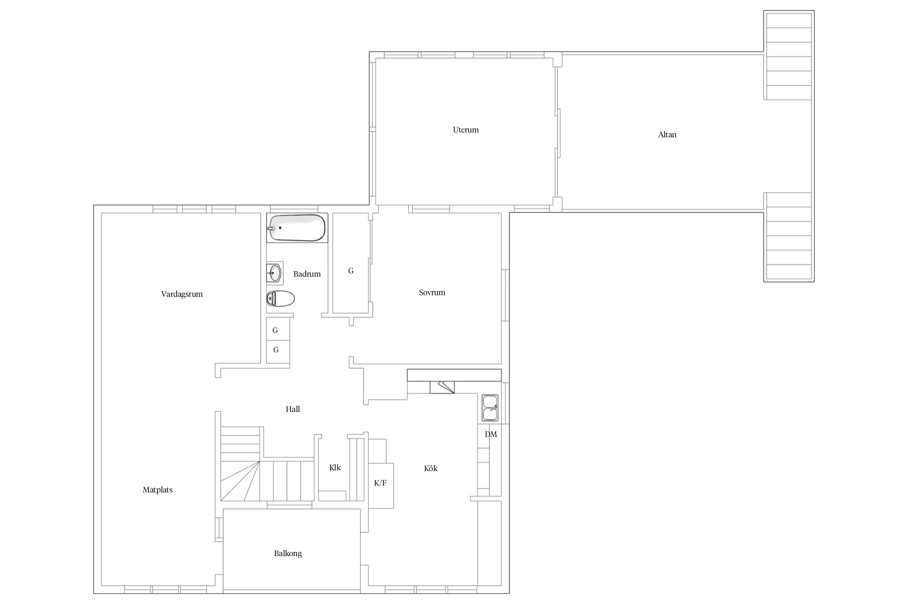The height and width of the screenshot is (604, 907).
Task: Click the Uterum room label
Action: (x=466, y=130)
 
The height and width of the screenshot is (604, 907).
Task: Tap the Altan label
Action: (x=667, y=134)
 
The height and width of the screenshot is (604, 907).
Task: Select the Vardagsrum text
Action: (x=182, y=294)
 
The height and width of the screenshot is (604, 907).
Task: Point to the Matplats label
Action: (x=158, y=490)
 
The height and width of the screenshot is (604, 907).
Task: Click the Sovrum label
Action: (x=432, y=292)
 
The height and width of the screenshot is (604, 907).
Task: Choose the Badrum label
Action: (x=307, y=274)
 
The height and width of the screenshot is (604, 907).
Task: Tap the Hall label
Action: (x=293, y=409)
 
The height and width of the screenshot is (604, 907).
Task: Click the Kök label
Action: (x=431, y=468)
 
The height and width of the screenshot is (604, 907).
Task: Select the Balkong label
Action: (x=288, y=554)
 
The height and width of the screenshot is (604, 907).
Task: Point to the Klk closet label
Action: (x=335, y=467)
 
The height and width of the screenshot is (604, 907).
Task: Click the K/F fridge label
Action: (x=380, y=483)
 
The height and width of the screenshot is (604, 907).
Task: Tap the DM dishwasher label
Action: (x=491, y=434)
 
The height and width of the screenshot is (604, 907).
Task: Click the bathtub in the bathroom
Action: (x=297, y=228)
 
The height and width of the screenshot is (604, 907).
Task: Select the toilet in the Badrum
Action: (x=281, y=299)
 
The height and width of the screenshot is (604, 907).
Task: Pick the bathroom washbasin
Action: (x=275, y=273)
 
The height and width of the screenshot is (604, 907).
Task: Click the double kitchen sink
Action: (x=490, y=408)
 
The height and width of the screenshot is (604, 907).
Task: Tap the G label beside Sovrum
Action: (x=351, y=271)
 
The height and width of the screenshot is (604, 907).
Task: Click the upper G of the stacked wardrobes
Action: (x=275, y=330)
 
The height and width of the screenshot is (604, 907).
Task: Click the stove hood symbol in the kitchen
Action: (x=442, y=387)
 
